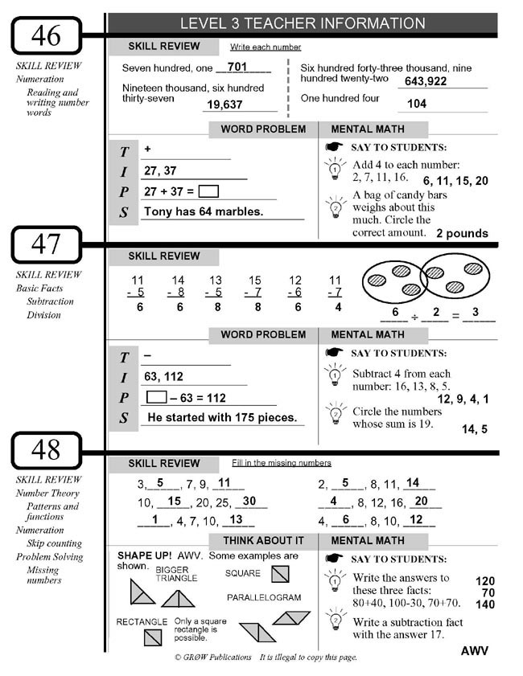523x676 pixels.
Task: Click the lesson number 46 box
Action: [46, 35]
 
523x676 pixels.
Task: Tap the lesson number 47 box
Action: [46, 244]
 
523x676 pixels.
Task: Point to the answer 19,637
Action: [224, 104]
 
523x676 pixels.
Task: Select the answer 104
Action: [417, 104]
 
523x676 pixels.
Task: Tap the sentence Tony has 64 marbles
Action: [203, 212]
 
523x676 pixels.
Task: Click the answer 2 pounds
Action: [462, 234]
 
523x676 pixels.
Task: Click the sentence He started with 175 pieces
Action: [221, 418]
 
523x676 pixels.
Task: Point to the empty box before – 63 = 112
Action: [156, 397]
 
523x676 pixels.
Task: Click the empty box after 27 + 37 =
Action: [208, 192]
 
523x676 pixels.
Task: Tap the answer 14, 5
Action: [474, 429]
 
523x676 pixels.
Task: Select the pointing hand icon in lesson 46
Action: [334, 147]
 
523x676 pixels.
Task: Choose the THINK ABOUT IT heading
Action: [263, 540]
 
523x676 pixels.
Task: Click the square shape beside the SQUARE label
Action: [279, 574]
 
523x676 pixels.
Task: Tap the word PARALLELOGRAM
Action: [264, 598]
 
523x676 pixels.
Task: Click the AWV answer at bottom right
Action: [475, 650]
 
